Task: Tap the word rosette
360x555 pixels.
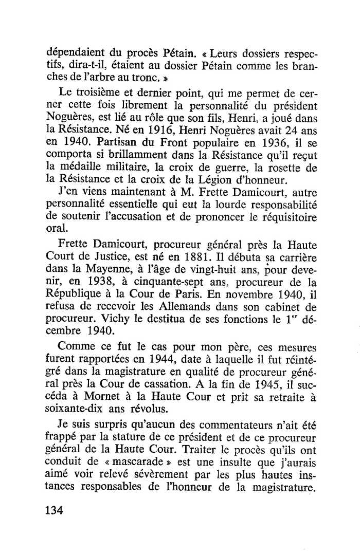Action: [286, 169]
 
